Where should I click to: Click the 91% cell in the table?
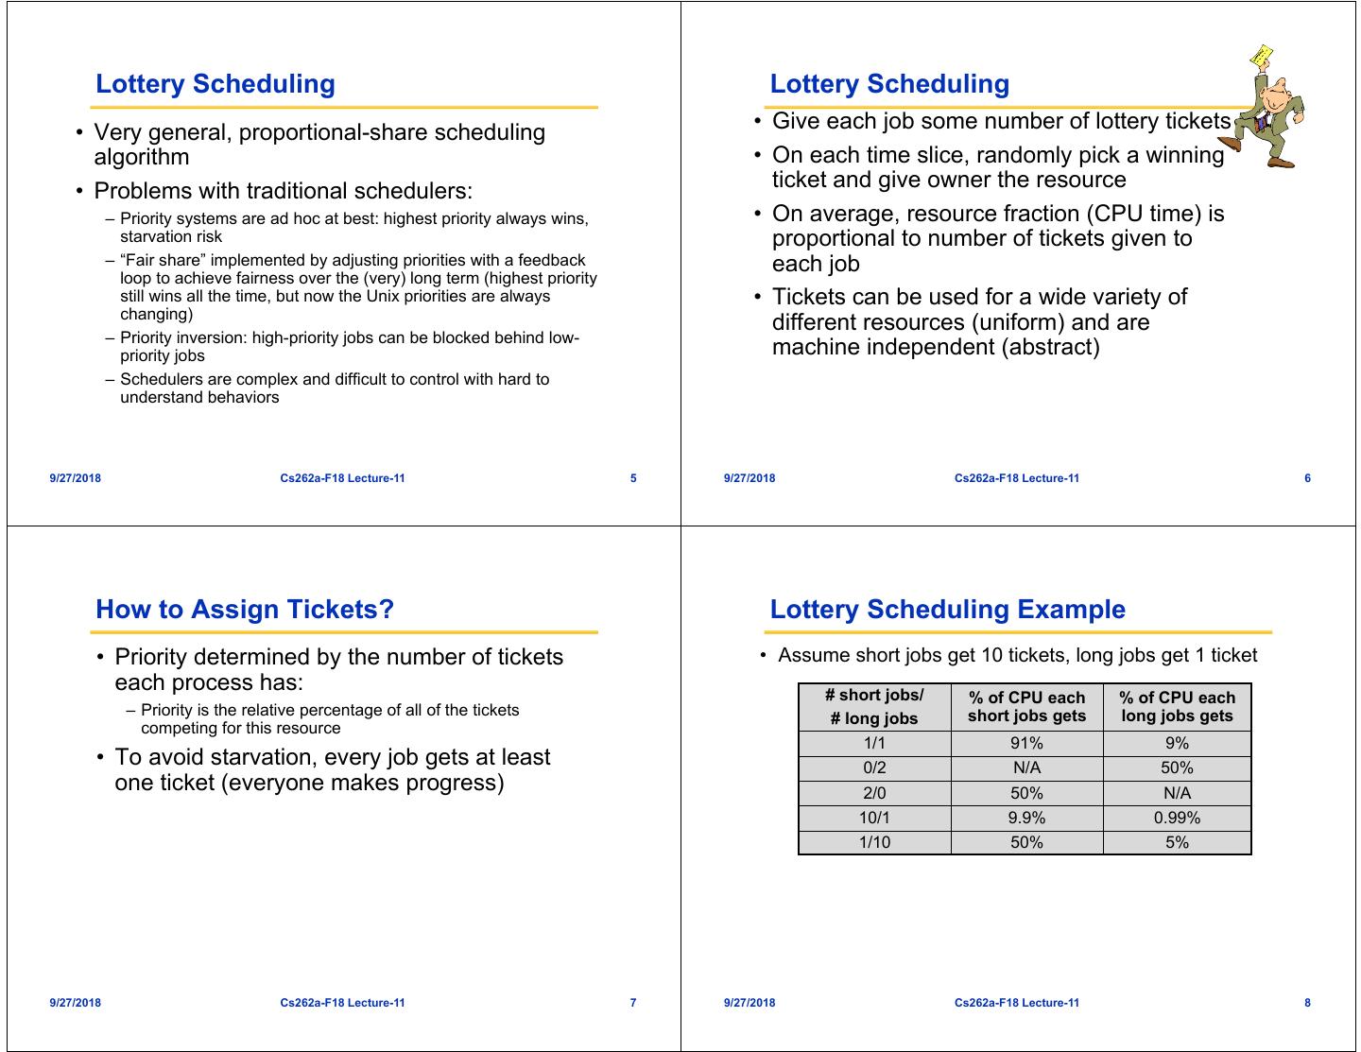tap(1026, 744)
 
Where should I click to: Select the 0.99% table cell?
tap(1177, 818)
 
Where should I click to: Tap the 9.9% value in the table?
tap(1026, 818)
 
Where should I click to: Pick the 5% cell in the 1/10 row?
tap(1177, 842)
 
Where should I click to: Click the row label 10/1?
tap(874, 818)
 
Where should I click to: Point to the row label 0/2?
tap(874, 768)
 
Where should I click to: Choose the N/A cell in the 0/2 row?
tap(1026, 768)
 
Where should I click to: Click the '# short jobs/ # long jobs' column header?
tap(874, 707)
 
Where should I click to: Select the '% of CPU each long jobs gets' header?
tap(1177, 707)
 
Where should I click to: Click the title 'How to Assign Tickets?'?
tap(245, 610)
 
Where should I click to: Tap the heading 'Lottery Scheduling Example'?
tap(947, 610)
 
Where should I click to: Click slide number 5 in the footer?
tap(633, 478)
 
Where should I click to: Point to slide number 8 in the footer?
tap(1307, 1003)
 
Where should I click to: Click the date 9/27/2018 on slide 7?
tap(76, 1003)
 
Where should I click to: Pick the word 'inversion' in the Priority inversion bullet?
tap(215, 338)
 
